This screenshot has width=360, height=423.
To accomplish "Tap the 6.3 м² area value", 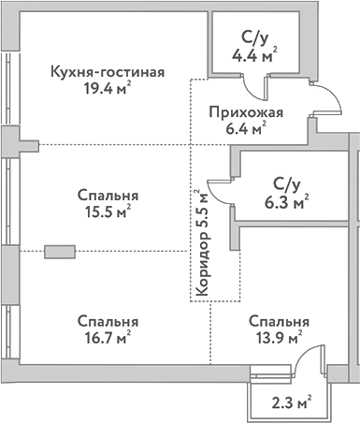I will click(x=286, y=201).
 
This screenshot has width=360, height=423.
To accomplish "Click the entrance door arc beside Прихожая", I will click(x=322, y=98).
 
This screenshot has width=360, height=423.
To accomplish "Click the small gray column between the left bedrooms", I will click(x=59, y=251).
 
